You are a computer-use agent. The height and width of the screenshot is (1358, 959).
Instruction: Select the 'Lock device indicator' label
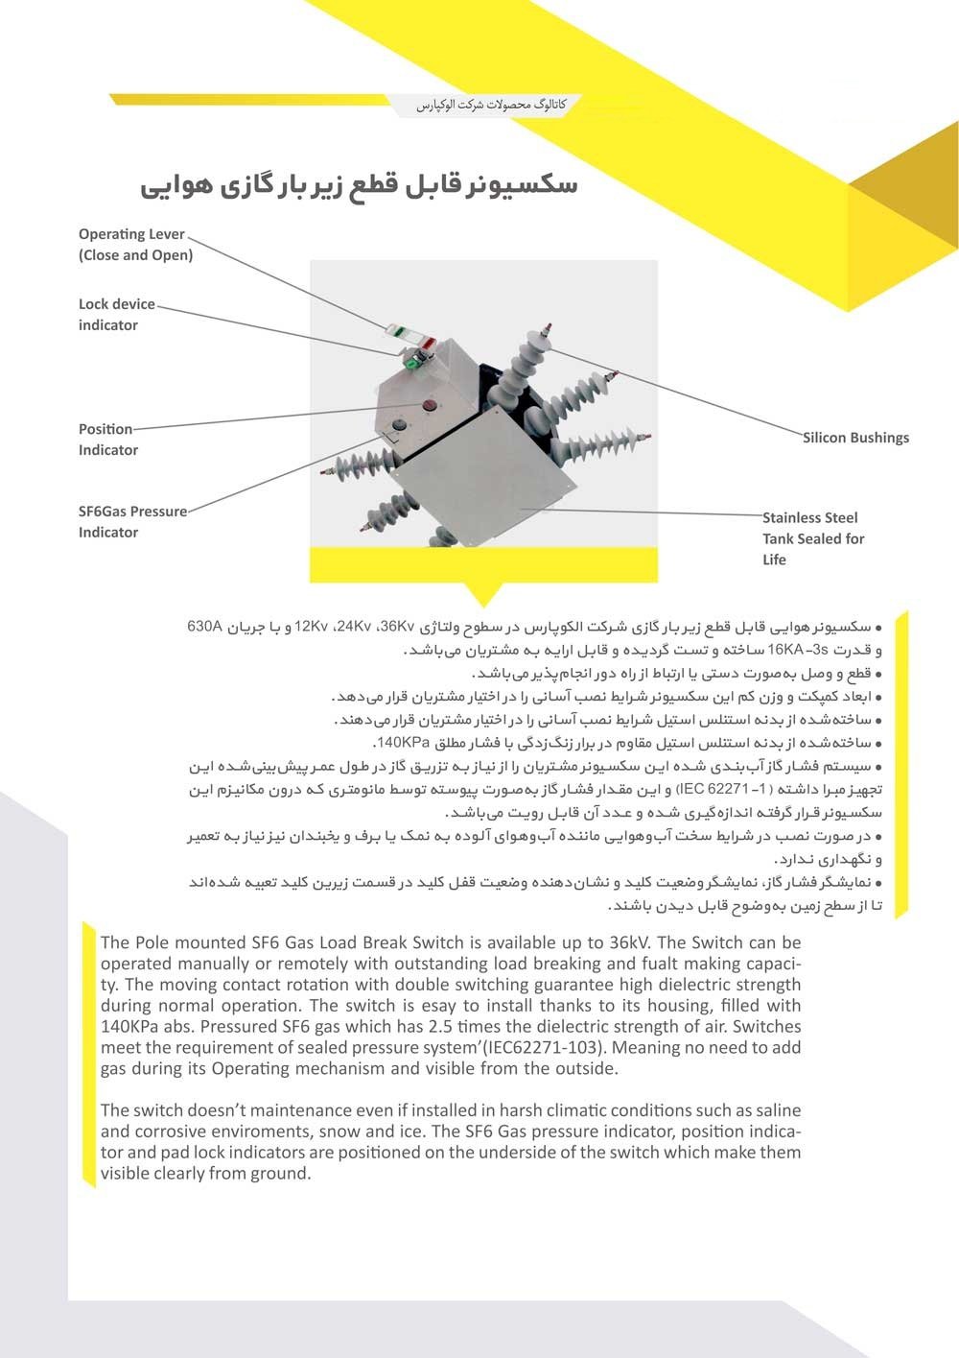point(116,314)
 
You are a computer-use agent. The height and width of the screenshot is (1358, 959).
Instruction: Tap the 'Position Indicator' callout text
point(107,439)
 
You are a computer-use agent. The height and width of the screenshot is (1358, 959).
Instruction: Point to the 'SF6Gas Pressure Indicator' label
point(132,521)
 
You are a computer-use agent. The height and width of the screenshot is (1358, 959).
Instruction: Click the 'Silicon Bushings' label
point(855,438)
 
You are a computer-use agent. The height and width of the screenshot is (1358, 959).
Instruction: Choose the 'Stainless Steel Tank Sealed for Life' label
point(812,538)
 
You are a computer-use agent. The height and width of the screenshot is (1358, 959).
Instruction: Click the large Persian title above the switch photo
point(360,184)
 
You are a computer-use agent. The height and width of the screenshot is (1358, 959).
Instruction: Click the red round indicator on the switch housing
point(430,405)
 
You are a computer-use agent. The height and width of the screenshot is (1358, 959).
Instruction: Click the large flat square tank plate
point(484,480)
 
